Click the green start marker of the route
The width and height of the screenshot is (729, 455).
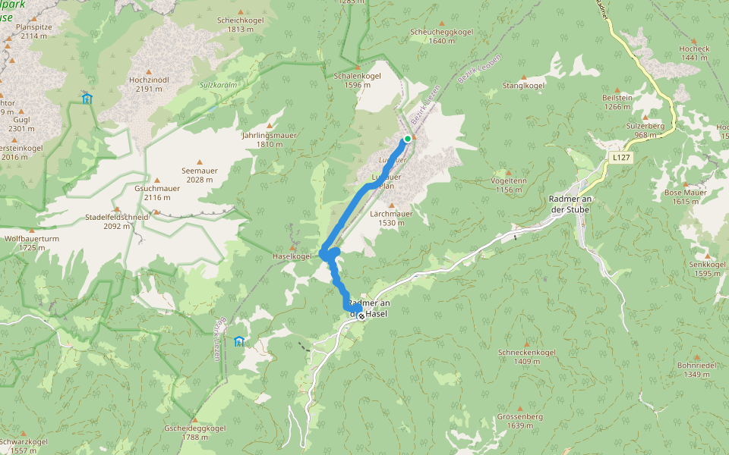[408, 138]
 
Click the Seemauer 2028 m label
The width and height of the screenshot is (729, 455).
[200, 175]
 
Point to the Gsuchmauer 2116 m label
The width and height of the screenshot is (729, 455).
[156, 193]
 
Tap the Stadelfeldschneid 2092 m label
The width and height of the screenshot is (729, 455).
[115, 221]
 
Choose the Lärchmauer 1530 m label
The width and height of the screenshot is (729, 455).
[392, 218]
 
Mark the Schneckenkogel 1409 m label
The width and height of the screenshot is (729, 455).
[527, 356]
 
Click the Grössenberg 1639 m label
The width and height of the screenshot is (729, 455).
[519, 421]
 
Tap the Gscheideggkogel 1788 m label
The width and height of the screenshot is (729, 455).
[194, 432]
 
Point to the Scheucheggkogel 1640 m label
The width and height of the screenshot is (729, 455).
[441, 36]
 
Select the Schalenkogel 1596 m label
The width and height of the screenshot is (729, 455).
[357, 80]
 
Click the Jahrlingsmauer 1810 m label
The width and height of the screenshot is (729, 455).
[269, 140]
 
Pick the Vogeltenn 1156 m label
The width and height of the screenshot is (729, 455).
[509, 186]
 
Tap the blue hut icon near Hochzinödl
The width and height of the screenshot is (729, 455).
[87, 98]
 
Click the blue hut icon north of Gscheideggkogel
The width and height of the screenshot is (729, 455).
[240, 341]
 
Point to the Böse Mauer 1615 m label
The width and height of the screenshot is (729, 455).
[686, 196]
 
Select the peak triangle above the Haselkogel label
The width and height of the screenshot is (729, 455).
[292, 246]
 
